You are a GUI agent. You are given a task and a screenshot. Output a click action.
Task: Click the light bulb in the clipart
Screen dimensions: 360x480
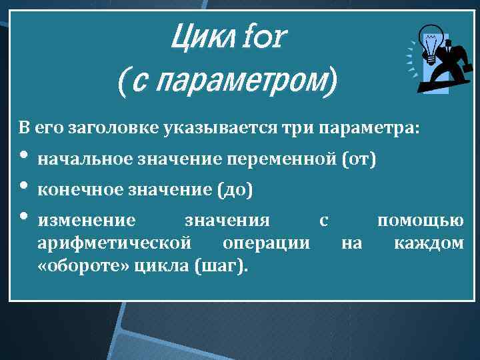pos(431,44)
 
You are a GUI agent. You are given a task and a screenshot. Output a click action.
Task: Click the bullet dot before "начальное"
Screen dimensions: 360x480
pos(23,157)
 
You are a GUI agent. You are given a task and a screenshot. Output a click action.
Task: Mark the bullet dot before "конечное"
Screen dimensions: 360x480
pos(23,187)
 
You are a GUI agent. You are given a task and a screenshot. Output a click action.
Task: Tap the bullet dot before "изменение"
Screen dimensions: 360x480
pos(23,217)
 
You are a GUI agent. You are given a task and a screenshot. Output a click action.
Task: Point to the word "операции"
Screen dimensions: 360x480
pos(266,243)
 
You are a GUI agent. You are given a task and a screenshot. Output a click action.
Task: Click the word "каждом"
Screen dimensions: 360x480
pos(428,243)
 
